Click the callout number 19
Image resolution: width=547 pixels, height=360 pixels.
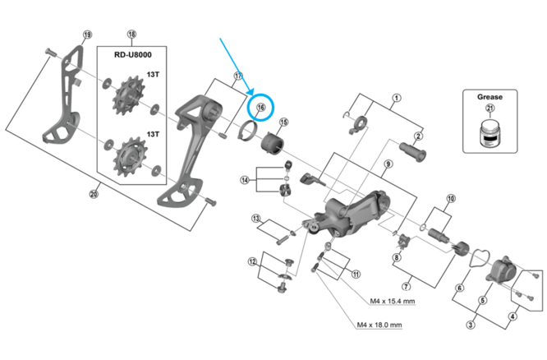[87, 35]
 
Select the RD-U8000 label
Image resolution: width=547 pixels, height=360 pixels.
[131, 55]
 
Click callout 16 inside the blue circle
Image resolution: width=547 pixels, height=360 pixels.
[261, 108]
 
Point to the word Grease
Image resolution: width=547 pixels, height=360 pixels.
[490, 96]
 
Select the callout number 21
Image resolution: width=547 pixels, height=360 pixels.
[490, 109]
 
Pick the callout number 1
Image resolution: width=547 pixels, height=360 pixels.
[396, 99]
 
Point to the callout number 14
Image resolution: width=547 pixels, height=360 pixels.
[245, 180]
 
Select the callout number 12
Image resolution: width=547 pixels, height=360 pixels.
[253, 262]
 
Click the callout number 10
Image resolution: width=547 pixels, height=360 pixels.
[450, 199]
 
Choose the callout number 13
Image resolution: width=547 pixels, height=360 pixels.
[256, 218]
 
